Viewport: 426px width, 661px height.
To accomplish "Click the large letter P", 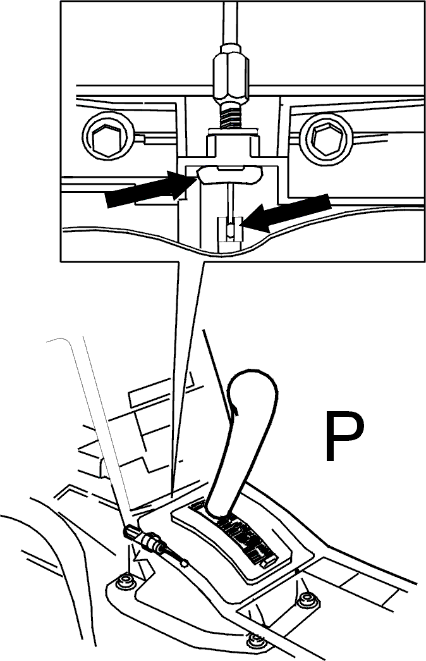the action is (x=343, y=436).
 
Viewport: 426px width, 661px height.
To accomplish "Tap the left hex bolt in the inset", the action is (x=108, y=137).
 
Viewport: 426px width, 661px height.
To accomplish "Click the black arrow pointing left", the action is (x=286, y=213).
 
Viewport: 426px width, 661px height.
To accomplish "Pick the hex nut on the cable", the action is (x=231, y=73).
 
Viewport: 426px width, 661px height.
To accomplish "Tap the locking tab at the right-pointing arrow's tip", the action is (x=229, y=175).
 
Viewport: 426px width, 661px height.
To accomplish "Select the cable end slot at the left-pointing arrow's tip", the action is (x=230, y=230).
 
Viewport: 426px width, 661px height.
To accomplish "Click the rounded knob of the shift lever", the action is (x=253, y=392).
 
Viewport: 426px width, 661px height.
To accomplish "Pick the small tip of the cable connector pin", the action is (x=183, y=562).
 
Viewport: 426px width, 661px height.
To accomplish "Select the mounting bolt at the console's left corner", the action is (x=124, y=582).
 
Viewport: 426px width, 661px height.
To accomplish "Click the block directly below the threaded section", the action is (x=232, y=144).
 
